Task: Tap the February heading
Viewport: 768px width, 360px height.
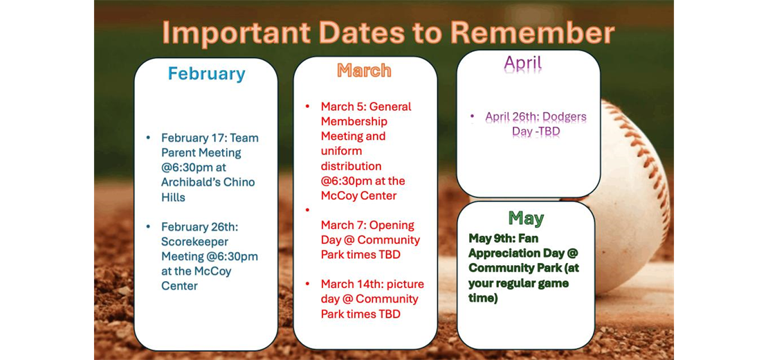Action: (x=206, y=73)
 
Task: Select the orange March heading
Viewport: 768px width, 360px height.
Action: (x=364, y=70)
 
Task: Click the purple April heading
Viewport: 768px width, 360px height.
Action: (x=523, y=63)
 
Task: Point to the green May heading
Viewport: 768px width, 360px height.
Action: (x=526, y=218)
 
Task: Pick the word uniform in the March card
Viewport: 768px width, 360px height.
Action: (x=341, y=151)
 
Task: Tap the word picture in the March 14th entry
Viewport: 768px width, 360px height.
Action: (x=399, y=284)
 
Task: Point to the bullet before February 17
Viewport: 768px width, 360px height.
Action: (x=148, y=138)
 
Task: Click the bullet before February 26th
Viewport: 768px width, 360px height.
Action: (x=148, y=226)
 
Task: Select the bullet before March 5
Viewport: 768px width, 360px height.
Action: (x=308, y=107)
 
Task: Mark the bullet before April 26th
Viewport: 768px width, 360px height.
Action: (x=472, y=116)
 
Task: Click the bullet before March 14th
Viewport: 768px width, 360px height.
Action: (x=308, y=284)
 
